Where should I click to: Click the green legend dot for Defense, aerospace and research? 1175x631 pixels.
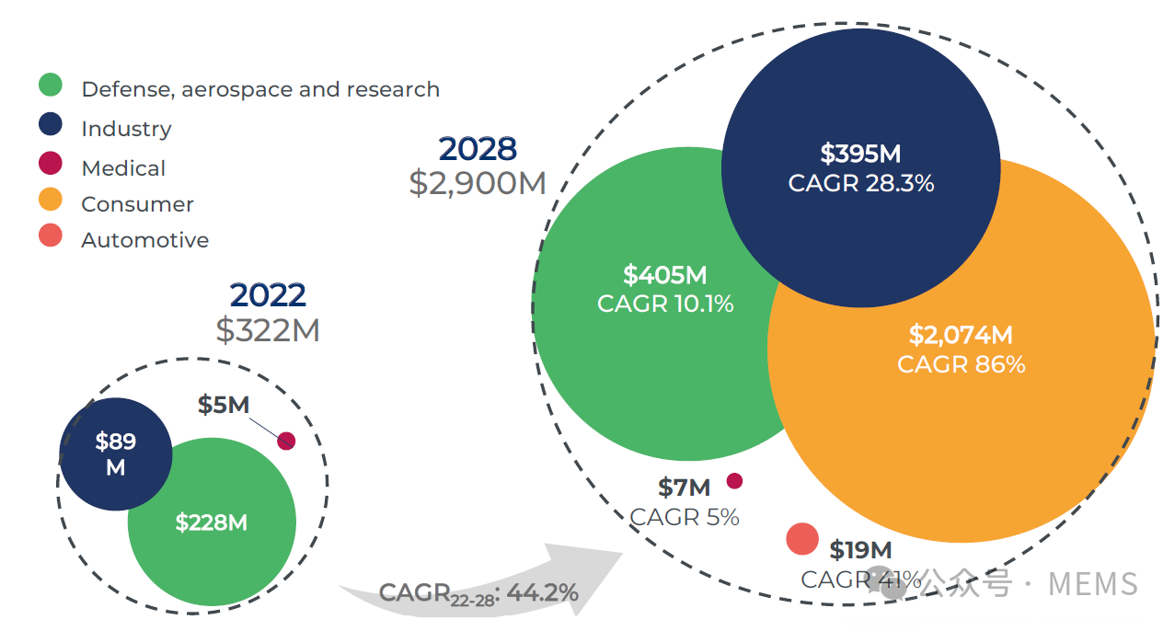pos(51,86)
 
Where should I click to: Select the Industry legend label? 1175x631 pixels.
pos(126,129)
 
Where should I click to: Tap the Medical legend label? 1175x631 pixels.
pos(123,168)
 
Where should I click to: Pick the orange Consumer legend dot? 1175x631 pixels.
pos(51,200)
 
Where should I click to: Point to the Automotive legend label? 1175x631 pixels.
pos(144,240)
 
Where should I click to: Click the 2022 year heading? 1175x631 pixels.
pos(268,295)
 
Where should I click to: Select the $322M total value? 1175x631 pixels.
pos(268,330)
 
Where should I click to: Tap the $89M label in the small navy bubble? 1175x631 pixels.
pos(116,454)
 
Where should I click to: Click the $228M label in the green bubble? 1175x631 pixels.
pos(212,522)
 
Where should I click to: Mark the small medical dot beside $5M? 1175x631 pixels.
pos(286,442)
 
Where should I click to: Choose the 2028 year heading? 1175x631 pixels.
pos(478,149)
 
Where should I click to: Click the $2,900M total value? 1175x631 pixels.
pos(478,183)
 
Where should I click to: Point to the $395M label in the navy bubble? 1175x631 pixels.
pos(860,153)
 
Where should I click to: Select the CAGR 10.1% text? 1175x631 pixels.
pos(665,304)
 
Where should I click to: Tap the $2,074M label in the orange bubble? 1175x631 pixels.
pos(961,335)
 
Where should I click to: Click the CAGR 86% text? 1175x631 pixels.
pos(961,364)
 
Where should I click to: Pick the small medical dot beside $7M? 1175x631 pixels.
pos(734,481)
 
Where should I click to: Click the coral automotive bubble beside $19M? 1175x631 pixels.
pos(802,539)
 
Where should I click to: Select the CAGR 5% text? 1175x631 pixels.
pos(685,517)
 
